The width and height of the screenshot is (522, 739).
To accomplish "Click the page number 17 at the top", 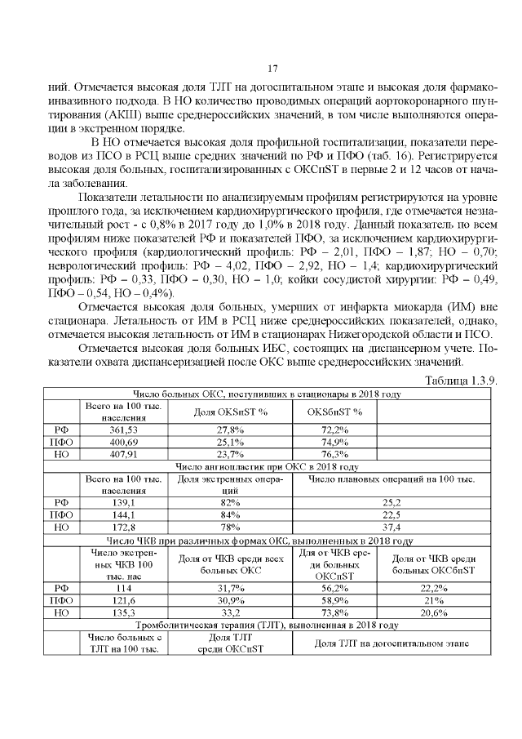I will coord(273,68).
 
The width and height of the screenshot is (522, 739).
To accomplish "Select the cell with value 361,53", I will coord(122,430).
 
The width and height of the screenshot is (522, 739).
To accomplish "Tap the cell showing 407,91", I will coord(122,453).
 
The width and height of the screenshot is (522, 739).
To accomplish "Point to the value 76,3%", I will coord(334,453).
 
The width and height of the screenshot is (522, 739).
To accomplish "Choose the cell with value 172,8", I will coord(122,528).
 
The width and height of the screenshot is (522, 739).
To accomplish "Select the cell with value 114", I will coord(122,587).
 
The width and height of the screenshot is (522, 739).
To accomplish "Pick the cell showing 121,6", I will coord(122,599).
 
